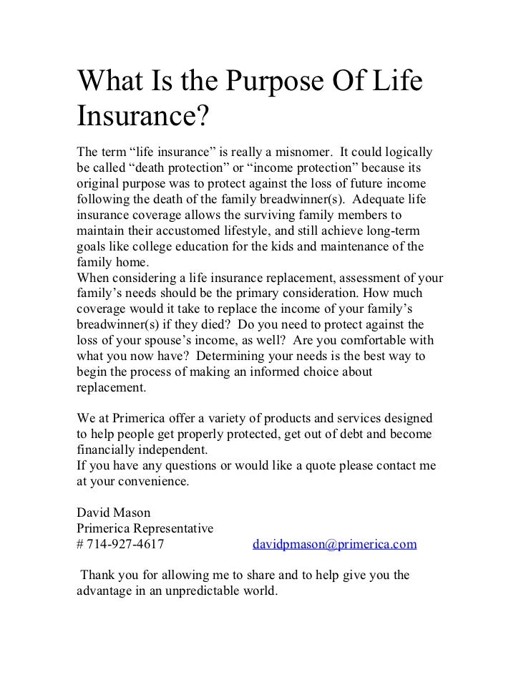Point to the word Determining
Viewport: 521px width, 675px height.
point(233,356)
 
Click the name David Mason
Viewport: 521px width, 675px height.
point(112,513)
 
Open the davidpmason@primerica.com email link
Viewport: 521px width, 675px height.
point(334,544)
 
